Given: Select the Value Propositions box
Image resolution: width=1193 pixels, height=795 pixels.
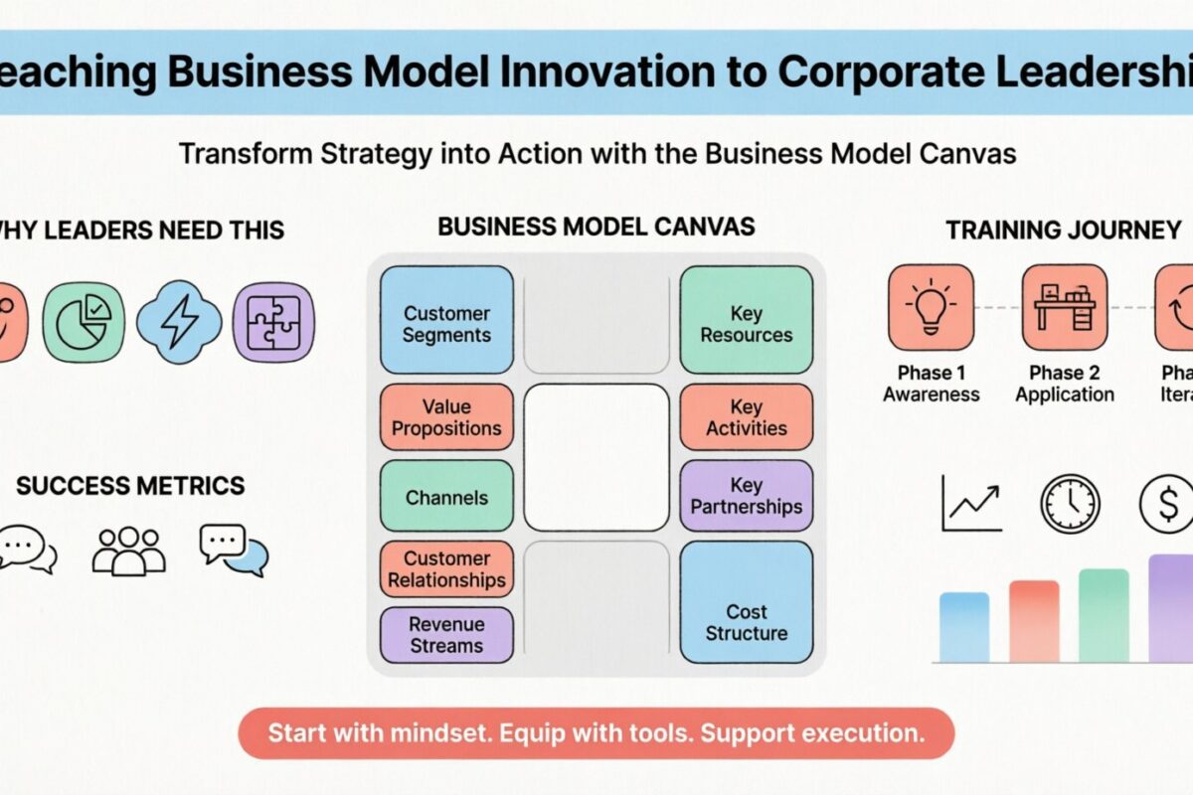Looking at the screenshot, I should coord(446,417).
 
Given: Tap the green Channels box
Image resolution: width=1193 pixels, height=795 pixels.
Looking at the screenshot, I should coord(446,497).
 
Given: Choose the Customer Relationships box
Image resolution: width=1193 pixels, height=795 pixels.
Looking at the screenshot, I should coord(446,569).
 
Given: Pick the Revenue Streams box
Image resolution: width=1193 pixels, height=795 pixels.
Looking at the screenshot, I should coord(446,635).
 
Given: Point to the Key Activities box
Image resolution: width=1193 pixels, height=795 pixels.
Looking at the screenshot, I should coord(746,417).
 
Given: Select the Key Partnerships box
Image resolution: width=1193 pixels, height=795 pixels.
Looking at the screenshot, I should coord(746,496).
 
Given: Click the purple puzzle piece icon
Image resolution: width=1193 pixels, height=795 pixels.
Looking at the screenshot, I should coord(273,323).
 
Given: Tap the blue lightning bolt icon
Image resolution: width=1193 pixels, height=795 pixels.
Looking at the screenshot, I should coord(179,323).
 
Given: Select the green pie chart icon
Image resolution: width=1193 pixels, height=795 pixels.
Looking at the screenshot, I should coord(84,323).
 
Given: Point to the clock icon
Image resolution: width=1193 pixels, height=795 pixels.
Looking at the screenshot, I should coord(1070,504).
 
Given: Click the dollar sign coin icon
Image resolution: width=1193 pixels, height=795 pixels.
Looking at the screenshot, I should coord(1168,504).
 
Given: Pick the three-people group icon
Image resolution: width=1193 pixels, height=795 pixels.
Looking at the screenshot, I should coord(128,550).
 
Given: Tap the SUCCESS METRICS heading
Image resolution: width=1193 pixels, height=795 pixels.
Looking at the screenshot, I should coord(130,486).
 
